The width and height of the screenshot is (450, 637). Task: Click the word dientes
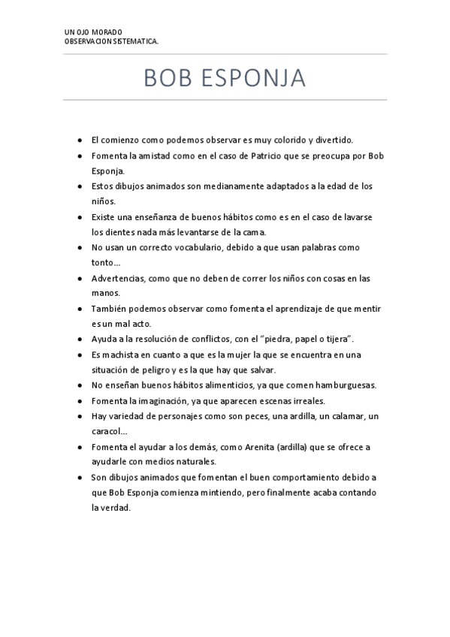click(116, 231)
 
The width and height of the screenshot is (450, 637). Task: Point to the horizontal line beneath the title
click(225, 100)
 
